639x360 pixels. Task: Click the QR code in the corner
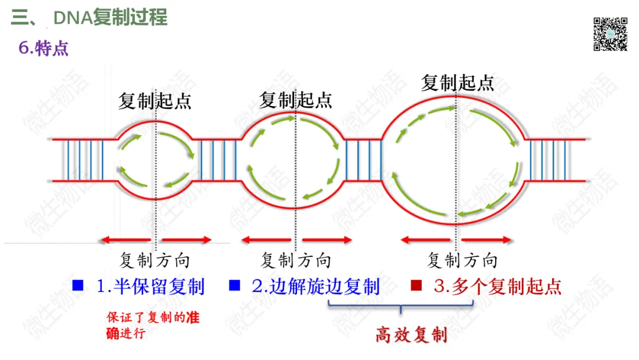pos(610,33)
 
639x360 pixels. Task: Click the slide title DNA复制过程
pos(110,18)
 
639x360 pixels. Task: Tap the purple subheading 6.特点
pos(44,48)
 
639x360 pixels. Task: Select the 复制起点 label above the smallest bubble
pos(155,101)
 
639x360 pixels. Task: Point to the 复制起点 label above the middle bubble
pos(296,99)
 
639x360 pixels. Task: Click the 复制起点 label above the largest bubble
pos(457,82)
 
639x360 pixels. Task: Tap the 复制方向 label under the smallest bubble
pos(155,260)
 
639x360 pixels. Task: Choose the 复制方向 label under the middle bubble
pos(296,260)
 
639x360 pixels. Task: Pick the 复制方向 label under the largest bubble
pos(462,260)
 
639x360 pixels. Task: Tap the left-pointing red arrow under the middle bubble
pos(266,240)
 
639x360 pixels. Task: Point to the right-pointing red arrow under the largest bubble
pos(486,240)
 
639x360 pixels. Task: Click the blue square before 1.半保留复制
pos(78,286)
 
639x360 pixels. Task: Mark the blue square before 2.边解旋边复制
pos(234,286)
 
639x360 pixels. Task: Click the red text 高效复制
pos(411,336)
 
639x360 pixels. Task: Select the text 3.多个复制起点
pos(497,287)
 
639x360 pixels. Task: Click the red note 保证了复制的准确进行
pos(153,325)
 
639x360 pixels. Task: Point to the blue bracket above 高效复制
pos(401,306)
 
